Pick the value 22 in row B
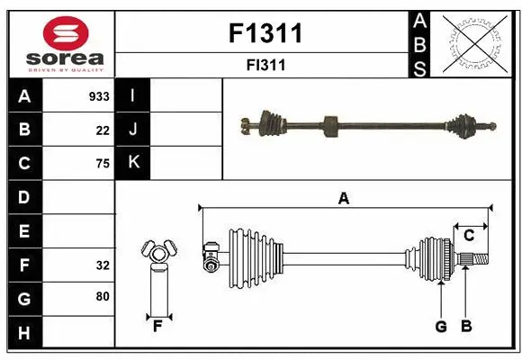(x=102, y=130)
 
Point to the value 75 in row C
(x=102, y=164)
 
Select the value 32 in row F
(x=102, y=265)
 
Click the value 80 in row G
(x=102, y=295)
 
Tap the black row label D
(x=24, y=197)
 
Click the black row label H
(x=24, y=332)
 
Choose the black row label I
(x=132, y=96)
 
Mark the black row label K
(x=132, y=163)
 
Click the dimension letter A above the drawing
(x=343, y=199)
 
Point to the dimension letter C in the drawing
(x=469, y=236)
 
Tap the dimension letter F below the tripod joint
(x=157, y=326)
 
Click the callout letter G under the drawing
(x=441, y=327)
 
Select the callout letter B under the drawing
(x=465, y=327)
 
